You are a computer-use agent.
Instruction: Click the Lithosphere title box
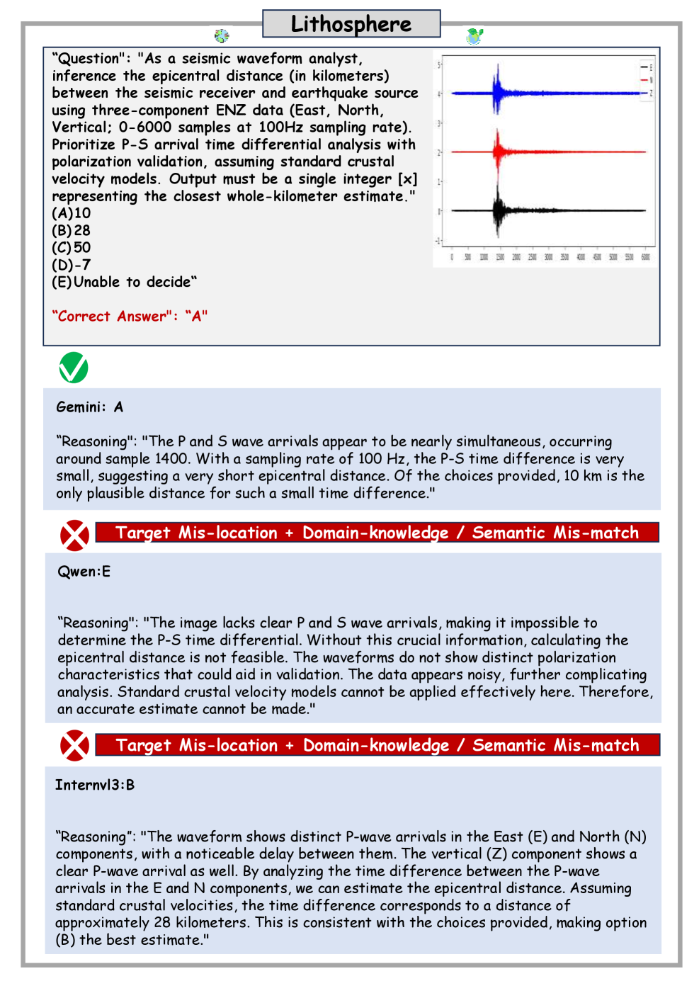(351, 23)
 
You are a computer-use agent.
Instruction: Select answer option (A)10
(72, 213)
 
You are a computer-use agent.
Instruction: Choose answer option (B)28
(72, 230)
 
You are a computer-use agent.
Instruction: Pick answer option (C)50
(72, 247)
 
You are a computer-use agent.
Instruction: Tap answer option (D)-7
(72, 265)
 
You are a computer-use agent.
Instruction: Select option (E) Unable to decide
(124, 282)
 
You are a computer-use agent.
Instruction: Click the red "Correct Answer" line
(130, 316)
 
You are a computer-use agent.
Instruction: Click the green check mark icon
(74, 368)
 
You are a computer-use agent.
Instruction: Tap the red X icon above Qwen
(74, 535)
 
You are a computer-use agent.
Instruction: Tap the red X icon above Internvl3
(74, 746)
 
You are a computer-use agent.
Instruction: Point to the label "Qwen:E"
(84, 572)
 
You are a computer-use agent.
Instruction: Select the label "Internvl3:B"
(95, 785)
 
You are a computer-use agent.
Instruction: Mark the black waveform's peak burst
(499, 210)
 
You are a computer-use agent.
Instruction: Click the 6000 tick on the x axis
(645, 257)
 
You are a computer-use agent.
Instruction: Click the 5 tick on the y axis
(439, 65)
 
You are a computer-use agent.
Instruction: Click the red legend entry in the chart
(646, 80)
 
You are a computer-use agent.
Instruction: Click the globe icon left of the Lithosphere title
(222, 35)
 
